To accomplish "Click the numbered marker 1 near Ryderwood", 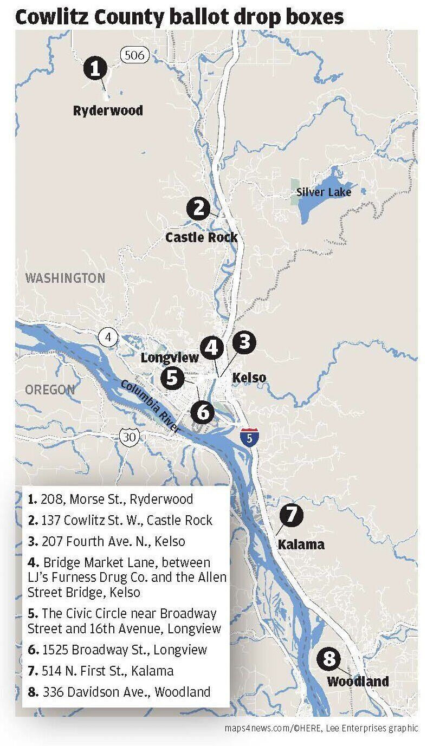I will pos(95,69).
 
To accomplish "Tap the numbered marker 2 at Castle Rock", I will pos(198,209).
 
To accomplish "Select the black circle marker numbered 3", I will pos(244,343).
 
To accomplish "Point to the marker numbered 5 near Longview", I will pos(172,378).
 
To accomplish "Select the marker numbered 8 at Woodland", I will pos(329,659).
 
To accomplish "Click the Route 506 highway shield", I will pos(132,54).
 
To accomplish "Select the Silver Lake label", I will pos(324,192).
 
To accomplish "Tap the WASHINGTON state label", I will pos(66,278).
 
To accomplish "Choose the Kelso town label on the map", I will pos(249,378).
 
